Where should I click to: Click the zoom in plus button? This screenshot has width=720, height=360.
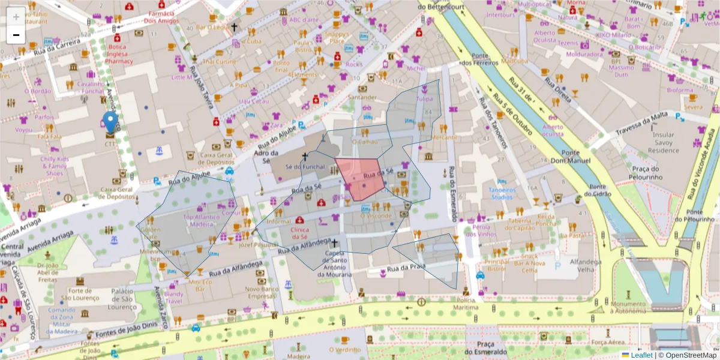click(16, 16)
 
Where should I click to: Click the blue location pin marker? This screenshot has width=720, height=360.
click(110, 122)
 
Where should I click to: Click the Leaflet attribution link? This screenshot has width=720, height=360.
click(641, 355)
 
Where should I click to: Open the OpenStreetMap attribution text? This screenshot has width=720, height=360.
click(690, 355)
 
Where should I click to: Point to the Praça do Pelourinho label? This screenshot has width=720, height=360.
click(646, 173)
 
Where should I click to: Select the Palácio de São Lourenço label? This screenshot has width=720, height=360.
click(127, 299)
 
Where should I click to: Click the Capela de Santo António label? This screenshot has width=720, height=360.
click(334, 263)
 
